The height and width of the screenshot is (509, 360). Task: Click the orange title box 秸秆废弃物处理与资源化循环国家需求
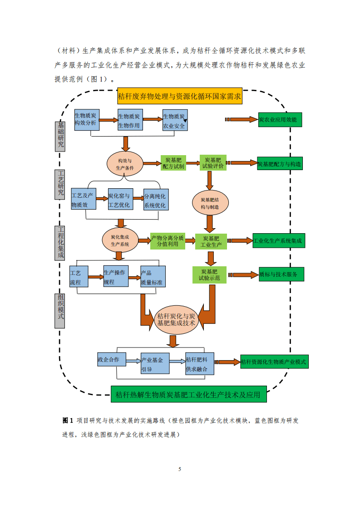pyautogui.click(x=180, y=96)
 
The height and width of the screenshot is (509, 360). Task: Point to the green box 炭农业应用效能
pyautogui.click(x=280, y=120)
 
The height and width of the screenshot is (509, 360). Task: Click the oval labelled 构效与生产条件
pyautogui.click(x=125, y=164)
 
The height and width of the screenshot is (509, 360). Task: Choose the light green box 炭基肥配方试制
pyautogui.click(x=173, y=163)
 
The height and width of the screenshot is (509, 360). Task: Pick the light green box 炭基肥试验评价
pyautogui.click(x=213, y=163)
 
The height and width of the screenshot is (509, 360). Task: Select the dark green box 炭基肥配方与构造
pyautogui.click(x=281, y=164)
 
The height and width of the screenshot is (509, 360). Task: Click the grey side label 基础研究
pyautogui.click(x=60, y=135)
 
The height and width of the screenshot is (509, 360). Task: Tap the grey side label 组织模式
pyautogui.click(x=59, y=311)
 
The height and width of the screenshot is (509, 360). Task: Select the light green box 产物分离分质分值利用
pyautogui.click(x=168, y=241)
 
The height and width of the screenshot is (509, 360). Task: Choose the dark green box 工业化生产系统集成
pyautogui.click(x=278, y=241)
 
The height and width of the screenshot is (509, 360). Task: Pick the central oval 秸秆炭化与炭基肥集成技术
pyautogui.click(x=176, y=319)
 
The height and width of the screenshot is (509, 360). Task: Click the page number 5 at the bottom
pyautogui.click(x=180, y=469)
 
